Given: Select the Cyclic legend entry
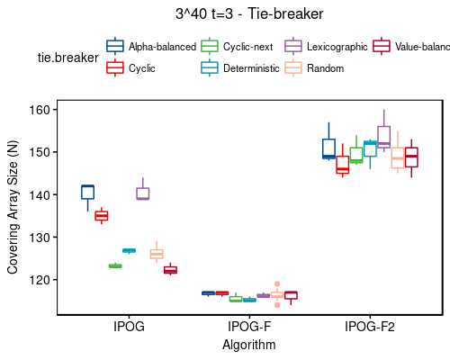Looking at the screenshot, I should pos(142,67).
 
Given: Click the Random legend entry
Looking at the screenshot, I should pos(325,67).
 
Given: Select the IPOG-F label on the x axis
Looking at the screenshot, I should pos(249,326).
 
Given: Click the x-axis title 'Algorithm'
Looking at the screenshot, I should pos(249,344).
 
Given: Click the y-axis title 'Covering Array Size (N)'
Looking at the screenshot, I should pos(13,211).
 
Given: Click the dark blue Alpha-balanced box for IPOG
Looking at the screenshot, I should pos(87,192).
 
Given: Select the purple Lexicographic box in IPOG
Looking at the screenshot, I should pos(142,193).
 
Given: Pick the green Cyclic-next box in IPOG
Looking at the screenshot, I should pos(115,266).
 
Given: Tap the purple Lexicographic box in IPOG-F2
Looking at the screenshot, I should pos(383,136).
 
